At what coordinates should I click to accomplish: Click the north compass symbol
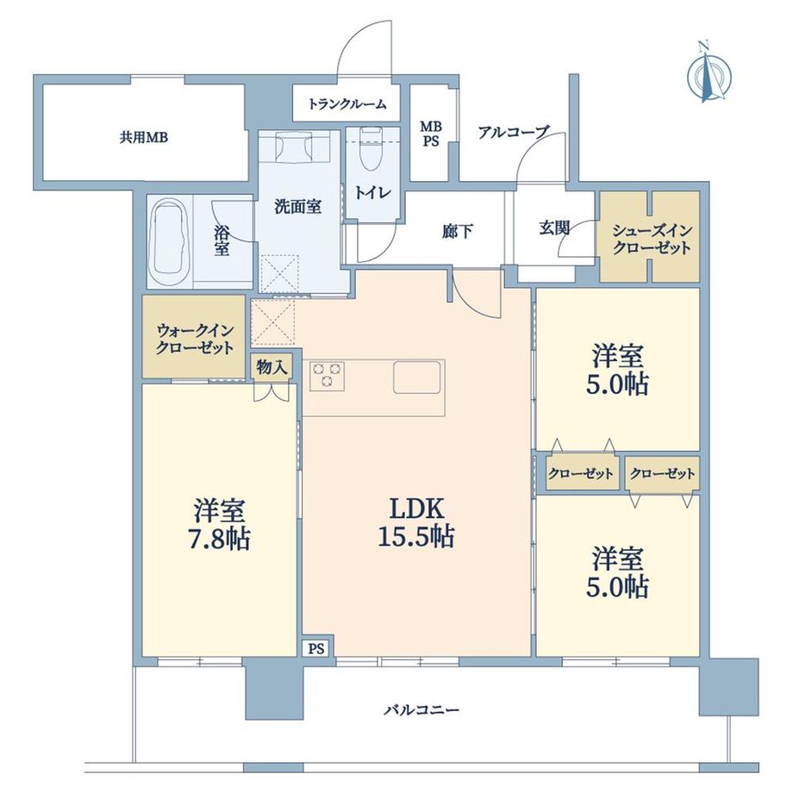coord(709,73)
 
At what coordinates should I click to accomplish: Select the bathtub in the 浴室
coord(169,240)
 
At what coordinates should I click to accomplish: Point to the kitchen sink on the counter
coord(416,377)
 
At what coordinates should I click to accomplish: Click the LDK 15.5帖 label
coord(416,522)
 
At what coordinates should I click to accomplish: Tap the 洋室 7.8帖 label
coord(219,524)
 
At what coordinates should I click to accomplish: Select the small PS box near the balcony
coord(316,648)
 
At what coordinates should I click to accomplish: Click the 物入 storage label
coord(272,367)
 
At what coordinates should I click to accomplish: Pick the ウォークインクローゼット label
coord(195,340)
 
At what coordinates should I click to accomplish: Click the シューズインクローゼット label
coord(652,240)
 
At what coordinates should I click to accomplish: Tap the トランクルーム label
coord(347,104)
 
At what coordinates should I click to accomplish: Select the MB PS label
coord(431,134)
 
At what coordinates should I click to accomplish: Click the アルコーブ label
coord(514,132)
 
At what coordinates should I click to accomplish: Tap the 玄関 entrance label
coord(554,228)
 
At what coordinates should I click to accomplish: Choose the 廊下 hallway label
coord(457,231)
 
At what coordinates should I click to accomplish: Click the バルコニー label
coord(421,709)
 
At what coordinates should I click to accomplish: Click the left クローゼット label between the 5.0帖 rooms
coord(581,473)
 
